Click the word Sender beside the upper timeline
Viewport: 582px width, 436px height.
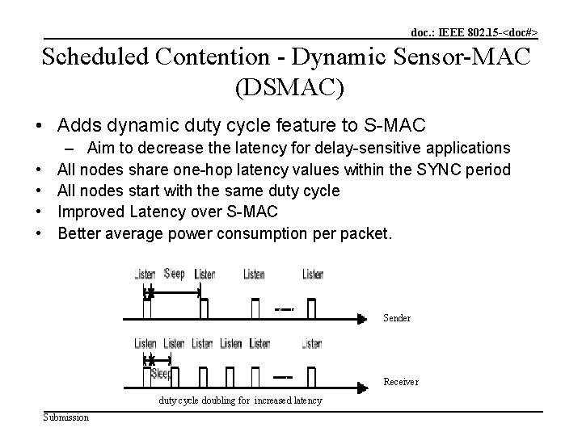pyautogui.click(x=396, y=318)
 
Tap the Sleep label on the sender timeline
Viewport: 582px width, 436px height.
pyautogui.click(x=174, y=273)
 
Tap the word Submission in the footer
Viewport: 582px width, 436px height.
pyautogui.click(x=66, y=417)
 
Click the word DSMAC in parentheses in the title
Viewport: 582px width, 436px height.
pyautogui.click(x=290, y=87)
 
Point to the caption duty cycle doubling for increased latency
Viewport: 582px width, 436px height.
pyautogui.click(x=240, y=400)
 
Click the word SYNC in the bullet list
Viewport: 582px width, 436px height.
pyautogui.click(x=426, y=170)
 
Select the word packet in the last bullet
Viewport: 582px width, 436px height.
pyautogui.click(x=369, y=234)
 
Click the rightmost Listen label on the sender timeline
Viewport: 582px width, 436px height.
pyautogui.click(x=313, y=275)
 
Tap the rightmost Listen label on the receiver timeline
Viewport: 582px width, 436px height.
pyautogui.click(x=311, y=344)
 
